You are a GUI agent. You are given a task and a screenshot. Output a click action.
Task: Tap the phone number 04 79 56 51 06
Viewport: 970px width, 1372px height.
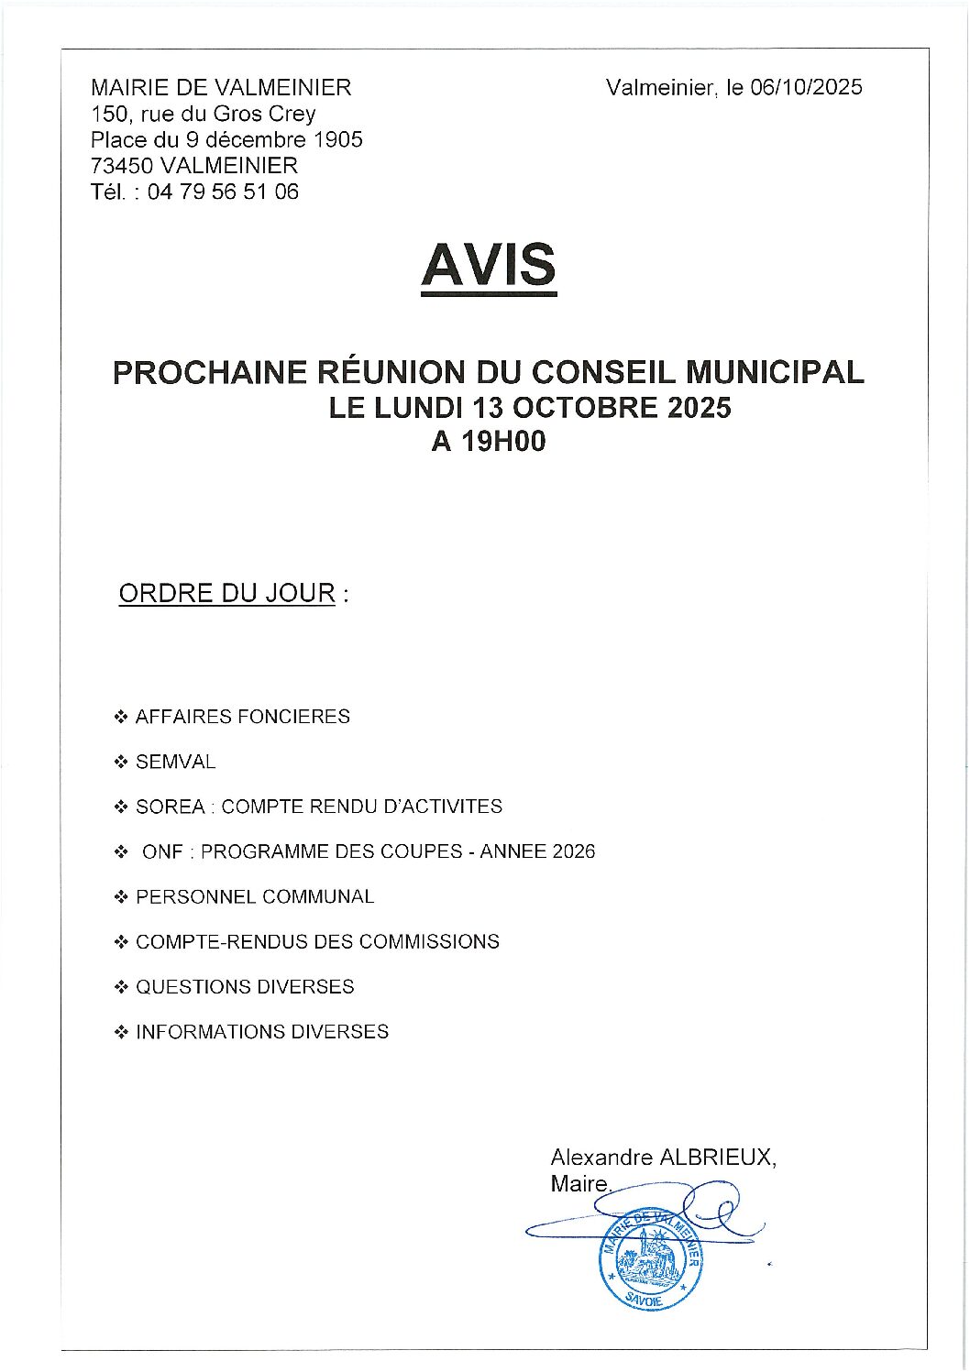(223, 192)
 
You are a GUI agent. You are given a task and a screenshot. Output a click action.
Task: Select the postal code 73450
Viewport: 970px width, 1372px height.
(121, 167)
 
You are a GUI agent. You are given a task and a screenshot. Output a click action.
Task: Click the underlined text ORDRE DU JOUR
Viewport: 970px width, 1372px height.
(227, 593)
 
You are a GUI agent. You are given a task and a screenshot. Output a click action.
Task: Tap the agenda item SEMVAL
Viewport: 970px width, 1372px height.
(175, 763)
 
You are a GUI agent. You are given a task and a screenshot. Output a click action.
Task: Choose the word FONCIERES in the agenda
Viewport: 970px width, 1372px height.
(293, 717)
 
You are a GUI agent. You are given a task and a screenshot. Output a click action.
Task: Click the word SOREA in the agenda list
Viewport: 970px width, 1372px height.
(171, 807)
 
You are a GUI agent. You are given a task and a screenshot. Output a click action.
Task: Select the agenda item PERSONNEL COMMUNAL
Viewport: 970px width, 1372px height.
(255, 897)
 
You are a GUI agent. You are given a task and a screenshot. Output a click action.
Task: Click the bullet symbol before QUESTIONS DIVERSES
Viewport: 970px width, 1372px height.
(120, 988)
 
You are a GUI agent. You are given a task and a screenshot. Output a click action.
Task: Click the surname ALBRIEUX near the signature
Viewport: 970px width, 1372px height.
(717, 1158)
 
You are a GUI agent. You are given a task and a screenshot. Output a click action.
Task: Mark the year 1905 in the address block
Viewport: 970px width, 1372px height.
(338, 140)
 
